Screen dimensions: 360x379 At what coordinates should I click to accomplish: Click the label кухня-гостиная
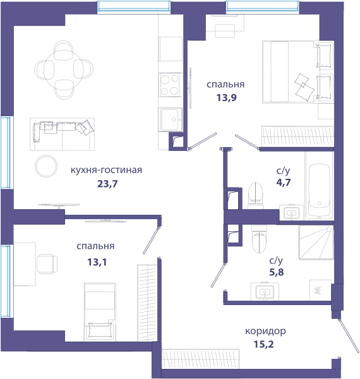coord(106,170)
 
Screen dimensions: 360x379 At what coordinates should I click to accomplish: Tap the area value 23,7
coord(107,184)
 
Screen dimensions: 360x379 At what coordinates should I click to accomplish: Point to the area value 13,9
coord(226,98)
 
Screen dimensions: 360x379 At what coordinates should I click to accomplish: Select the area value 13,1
coord(97,262)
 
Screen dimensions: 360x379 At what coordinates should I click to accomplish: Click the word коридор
coord(265,332)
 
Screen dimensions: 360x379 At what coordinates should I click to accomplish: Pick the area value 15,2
coord(264,344)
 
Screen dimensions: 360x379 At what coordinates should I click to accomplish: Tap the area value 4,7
coord(284,182)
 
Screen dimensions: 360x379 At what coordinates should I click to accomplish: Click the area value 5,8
coord(277,272)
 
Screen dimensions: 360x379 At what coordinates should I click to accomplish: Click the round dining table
coord(64,70)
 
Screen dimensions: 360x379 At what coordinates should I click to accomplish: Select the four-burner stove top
coord(170,85)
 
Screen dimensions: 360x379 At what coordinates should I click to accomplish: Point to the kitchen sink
coord(171,119)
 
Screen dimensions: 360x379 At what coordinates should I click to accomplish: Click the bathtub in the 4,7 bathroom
coord(319,186)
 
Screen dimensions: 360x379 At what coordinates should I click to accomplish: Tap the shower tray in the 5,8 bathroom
coord(316,243)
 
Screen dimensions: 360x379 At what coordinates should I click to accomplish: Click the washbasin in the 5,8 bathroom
coord(265,291)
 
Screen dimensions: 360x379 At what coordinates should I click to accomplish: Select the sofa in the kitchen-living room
coord(62,134)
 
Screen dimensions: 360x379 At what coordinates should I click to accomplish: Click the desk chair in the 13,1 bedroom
coord(47,263)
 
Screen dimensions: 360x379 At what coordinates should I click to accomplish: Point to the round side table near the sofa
coord(46,166)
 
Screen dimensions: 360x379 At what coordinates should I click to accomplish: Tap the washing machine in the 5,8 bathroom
coord(320,290)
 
